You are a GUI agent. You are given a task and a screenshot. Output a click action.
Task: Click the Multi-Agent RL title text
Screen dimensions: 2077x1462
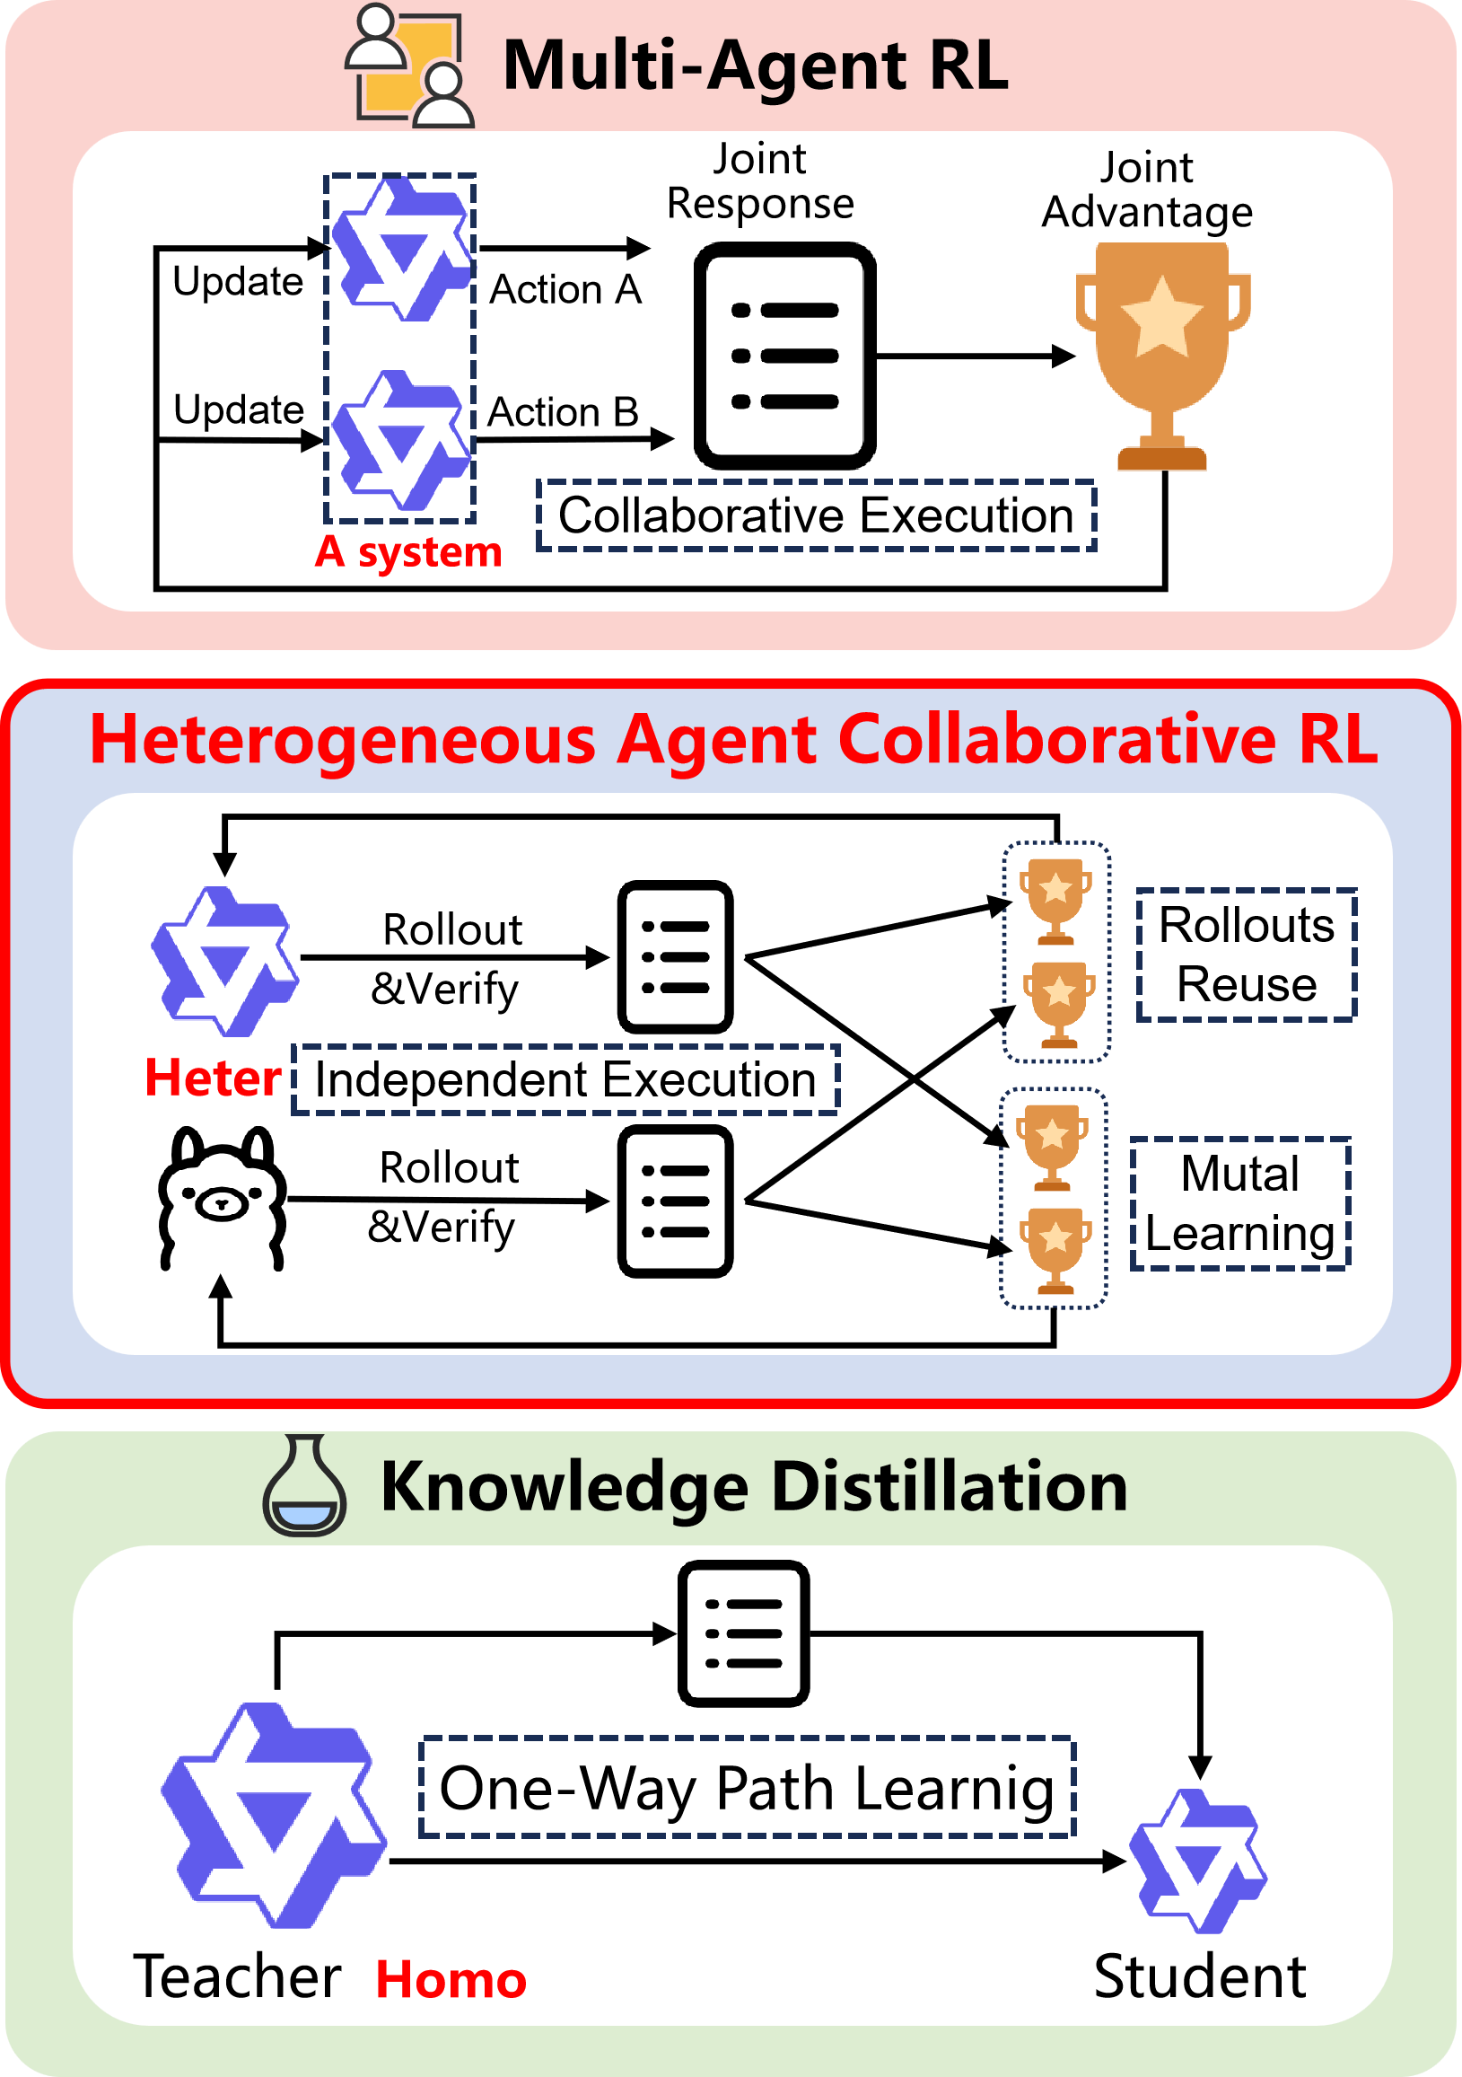(x=755, y=66)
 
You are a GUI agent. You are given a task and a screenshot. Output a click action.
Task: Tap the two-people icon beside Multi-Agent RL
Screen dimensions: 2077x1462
(x=409, y=66)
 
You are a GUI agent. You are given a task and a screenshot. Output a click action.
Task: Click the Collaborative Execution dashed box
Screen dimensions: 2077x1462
(x=816, y=515)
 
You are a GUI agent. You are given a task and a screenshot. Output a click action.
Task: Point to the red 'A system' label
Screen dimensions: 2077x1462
(x=407, y=552)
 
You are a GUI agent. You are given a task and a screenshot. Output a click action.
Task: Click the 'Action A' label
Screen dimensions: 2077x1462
(x=565, y=290)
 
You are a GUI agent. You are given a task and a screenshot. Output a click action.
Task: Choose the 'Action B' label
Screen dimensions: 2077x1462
(x=563, y=412)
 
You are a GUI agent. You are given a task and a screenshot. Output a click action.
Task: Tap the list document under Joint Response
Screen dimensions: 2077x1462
(x=784, y=356)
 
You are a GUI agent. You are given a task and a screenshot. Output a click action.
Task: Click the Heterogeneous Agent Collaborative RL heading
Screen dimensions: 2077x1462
(x=733, y=740)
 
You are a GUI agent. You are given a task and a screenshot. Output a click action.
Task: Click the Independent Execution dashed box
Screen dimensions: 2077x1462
(x=565, y=1079)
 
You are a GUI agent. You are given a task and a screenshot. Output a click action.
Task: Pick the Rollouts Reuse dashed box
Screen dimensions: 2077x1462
(x=1246, y=955)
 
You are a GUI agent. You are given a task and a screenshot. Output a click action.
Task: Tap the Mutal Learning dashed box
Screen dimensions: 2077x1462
(x=1239, y=1203)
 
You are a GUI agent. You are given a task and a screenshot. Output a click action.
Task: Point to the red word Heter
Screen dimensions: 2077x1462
(x=214, y=1078)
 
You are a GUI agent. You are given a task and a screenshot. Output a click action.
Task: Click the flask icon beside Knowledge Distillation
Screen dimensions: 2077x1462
(x=303, y=1485)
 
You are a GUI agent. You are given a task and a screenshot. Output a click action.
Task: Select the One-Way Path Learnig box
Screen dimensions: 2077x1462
(x=747, y=1788)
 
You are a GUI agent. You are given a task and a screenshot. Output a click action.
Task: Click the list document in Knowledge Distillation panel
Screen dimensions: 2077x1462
(x=743, y=1633)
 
